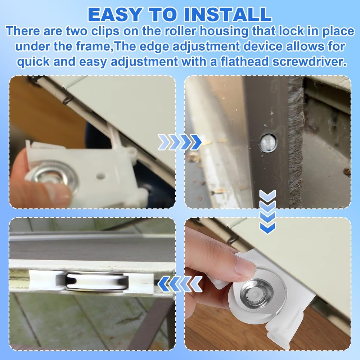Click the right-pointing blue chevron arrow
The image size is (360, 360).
coord(180,143)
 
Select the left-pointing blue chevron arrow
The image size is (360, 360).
coord(180,283)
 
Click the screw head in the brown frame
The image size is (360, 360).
coord(268,143)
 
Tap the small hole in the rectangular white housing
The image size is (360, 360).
coord(100,176)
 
